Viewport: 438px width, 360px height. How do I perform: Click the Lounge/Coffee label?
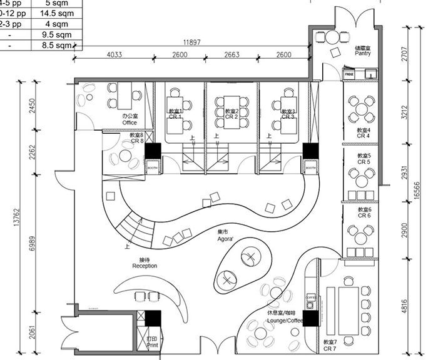point(285,316)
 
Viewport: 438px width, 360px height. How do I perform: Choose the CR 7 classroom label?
point(330,344)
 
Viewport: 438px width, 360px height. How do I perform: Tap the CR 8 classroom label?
point(136,138)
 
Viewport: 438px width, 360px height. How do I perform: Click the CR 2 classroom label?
point(232,114)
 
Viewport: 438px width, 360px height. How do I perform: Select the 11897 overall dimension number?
point(191,42)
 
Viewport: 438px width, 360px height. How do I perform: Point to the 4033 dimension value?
point(114,55)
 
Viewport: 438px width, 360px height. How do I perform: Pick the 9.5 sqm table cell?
point(53,35)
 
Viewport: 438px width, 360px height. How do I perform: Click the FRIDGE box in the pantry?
point(349,74)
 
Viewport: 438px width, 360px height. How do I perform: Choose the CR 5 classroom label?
point(364,159)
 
